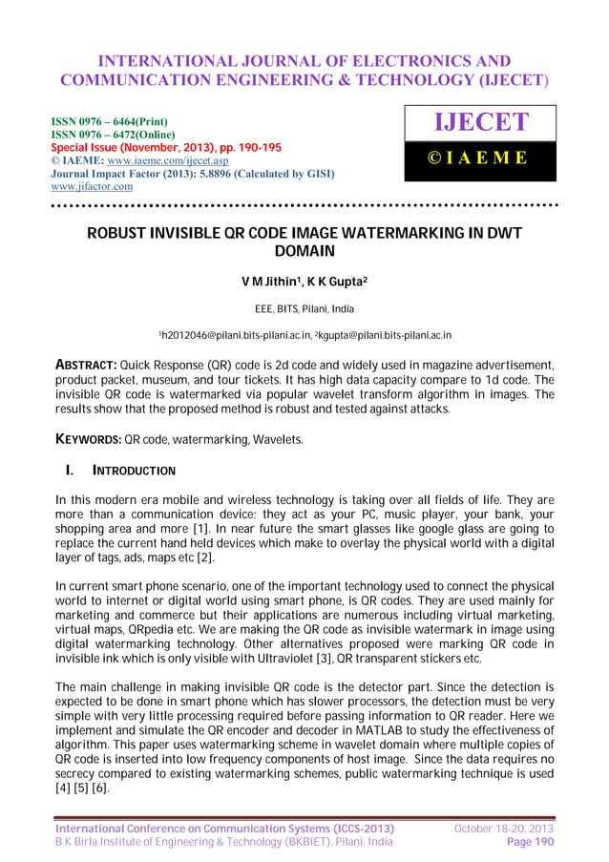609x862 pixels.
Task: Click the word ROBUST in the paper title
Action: pyautogui.click(x=122, y=234)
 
